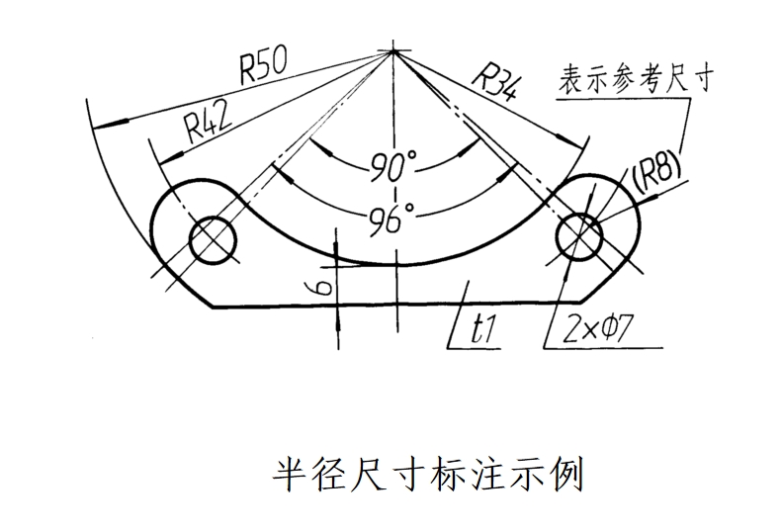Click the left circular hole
pos(214,238)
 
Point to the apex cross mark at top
pos(393,51)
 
